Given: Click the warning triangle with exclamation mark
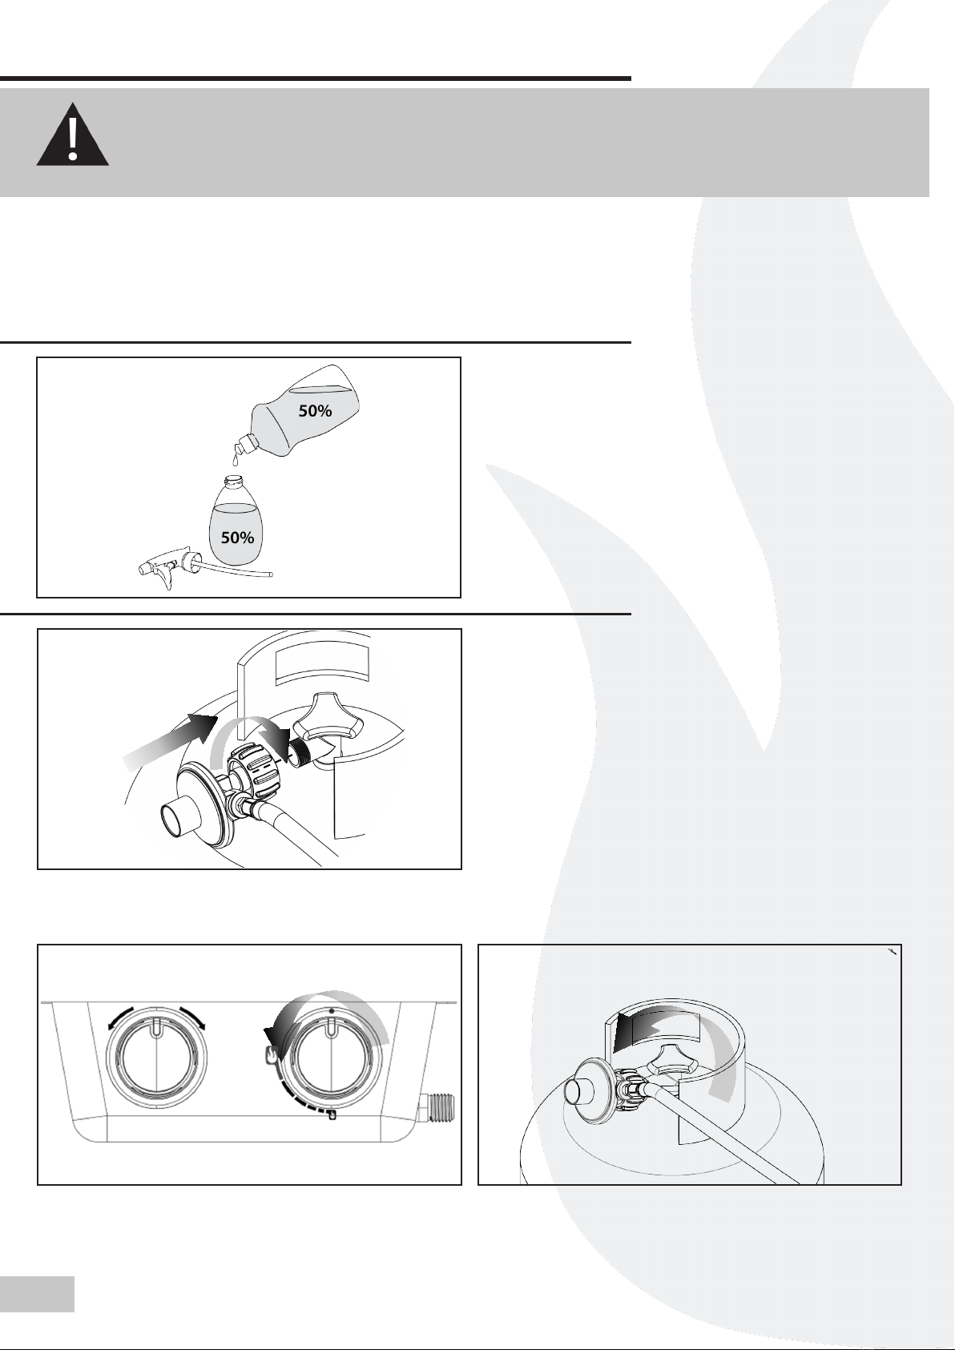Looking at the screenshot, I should (72, 136).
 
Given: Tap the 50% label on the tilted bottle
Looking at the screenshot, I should (315, 411).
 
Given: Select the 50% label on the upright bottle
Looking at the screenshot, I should (237, 538).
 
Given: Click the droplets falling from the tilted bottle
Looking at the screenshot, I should (235, 457).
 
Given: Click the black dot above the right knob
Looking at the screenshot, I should (331, 1011).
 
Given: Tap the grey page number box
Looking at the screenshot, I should (37, 1294).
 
